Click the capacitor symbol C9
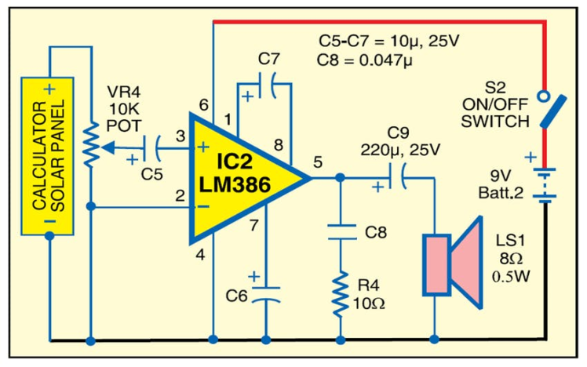click(x=400, y=180)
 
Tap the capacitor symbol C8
click(x=341, y=231)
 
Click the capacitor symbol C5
click(x=158, y=146)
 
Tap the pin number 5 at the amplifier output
click(x=317, y=163)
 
